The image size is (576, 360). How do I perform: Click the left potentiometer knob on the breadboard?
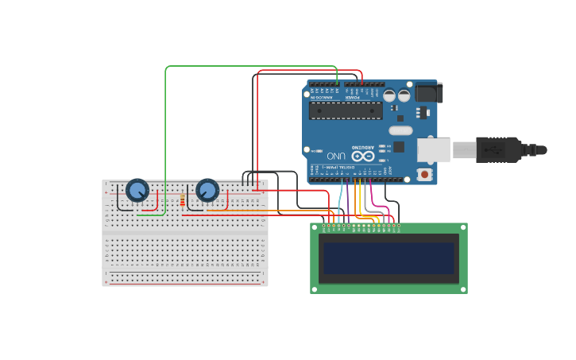point(137,191)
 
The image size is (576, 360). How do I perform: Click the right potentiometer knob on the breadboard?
point(207,191)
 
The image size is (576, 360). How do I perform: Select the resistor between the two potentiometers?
point(182,201)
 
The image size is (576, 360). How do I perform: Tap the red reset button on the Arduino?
point(425,173)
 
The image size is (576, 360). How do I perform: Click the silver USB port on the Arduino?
point(434,149)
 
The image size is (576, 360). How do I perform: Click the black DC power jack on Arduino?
point(427,93)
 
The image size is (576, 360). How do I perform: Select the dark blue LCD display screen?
point(389,258)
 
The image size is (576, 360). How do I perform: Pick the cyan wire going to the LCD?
point(340,203)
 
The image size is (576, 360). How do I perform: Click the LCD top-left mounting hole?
point(315,227)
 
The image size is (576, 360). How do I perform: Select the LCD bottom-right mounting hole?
point(463,289)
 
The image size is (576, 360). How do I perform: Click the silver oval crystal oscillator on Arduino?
point(400,130)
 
